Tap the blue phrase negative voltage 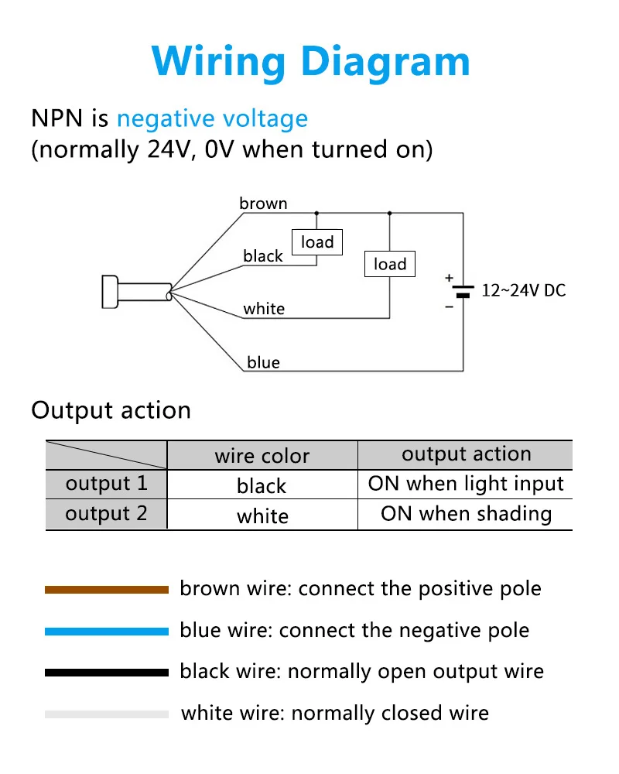coord(212,119)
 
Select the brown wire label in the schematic coord(263,204)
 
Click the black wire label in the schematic coord(263,256)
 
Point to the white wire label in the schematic coord(264,309)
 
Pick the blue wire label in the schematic coord(263,362)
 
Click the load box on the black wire coord(317,242)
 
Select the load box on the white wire coord(390,264)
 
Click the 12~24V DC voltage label coord(524,291)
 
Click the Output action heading coord(111,410)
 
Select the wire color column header coord(262,456)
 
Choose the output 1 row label coord(106,484)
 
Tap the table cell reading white coord(262,516)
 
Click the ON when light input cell coord(466,485)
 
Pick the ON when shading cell coord(466,514)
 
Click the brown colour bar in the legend coord(106,590)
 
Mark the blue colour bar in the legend coord(106,632)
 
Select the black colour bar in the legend coord(106,673)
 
